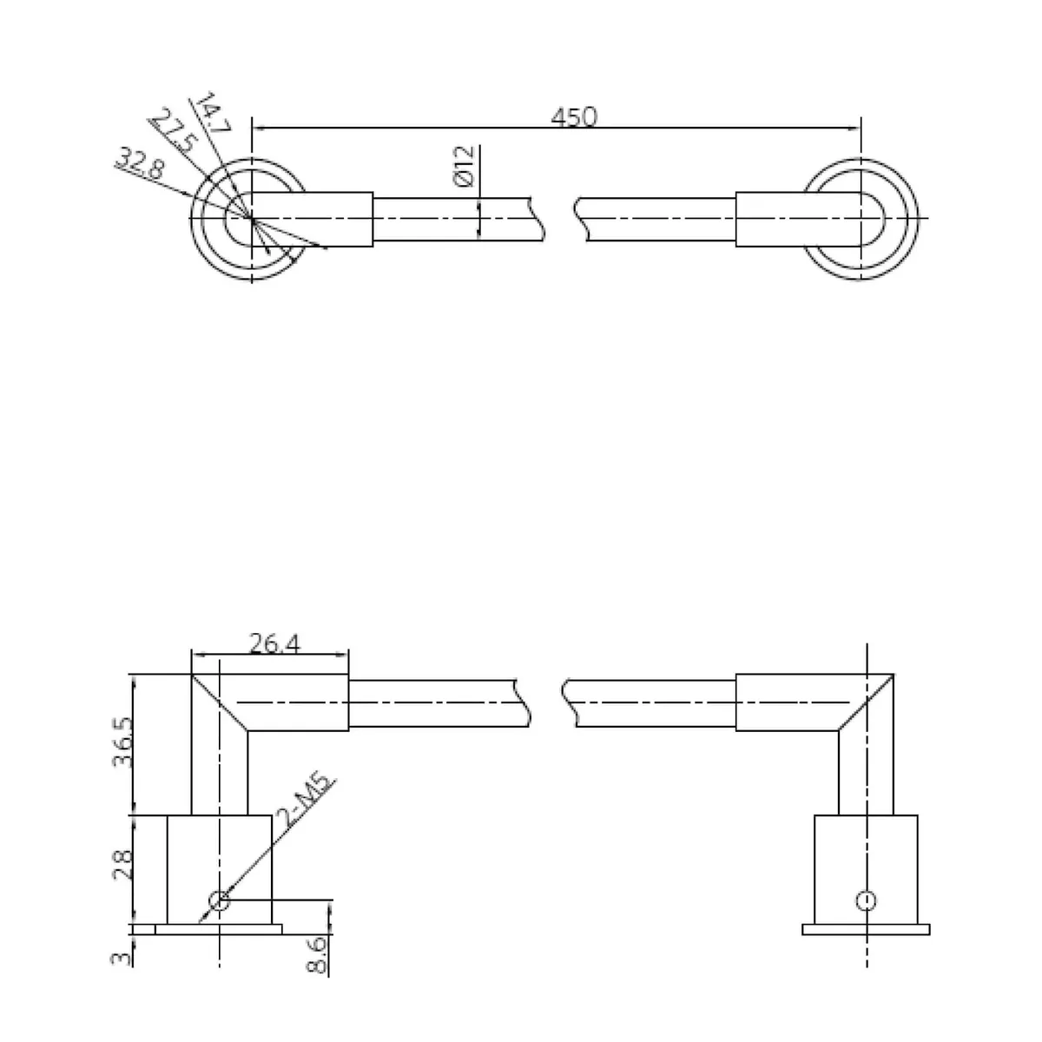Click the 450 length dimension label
pos(575,116)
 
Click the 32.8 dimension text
pos(138,162)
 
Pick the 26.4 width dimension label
pos(274,643)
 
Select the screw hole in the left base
pos(220,900)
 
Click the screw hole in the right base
pos(866,900)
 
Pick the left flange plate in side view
pos(219,929)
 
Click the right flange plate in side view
pos(866,929)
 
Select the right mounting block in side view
pos(866,868)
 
